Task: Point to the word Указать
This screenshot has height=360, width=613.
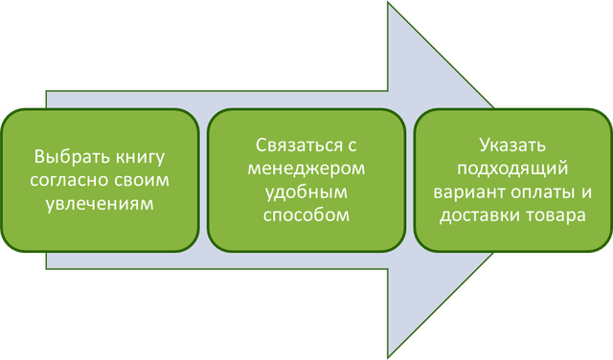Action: coord(511,146)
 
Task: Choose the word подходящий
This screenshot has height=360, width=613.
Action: coord(511,169)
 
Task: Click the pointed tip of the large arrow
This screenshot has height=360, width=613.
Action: coord(576,180)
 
